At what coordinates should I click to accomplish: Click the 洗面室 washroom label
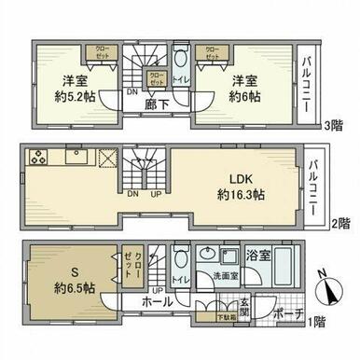tap(222, 277)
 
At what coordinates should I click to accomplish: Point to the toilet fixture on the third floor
tap(181, 58)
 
